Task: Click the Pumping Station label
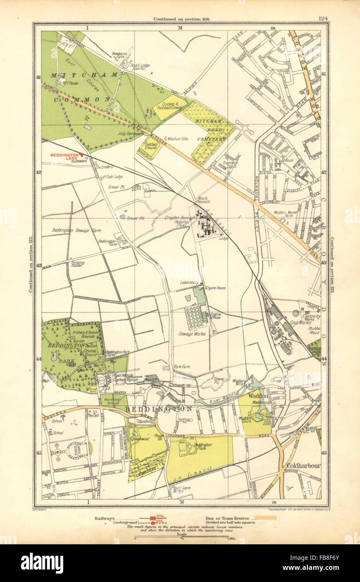click(x=78, y=264)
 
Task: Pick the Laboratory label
click(x=188, y=283)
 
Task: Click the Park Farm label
click(x=183, y=367)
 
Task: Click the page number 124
click(x=323, y=18)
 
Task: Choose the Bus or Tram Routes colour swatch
click(x=262, y=518)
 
